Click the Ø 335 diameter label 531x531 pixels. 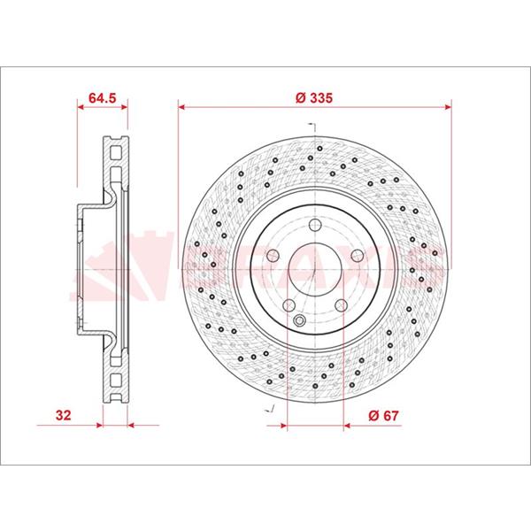[314, 98]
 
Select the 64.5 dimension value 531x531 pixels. [103, 98]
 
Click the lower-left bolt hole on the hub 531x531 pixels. [289, 305]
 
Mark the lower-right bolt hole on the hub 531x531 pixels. [341, 305]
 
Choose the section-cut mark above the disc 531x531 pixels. [311, 126]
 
